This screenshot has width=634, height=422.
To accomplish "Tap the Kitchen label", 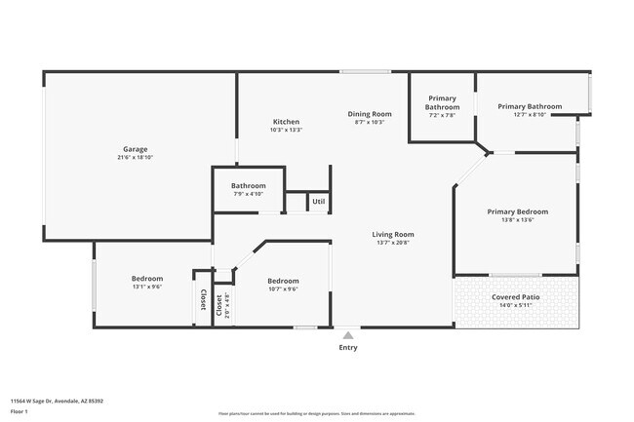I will click(x=285, y=121).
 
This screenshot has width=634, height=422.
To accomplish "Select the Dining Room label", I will click(x=370, y=114).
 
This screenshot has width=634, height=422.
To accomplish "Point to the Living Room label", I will click(x=393, y=234).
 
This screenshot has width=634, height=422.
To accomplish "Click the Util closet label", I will click(x=318, y=202).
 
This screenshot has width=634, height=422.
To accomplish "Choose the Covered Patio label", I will click(x=517, y=296).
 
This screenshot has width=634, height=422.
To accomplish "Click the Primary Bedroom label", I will click(x=518, y=211).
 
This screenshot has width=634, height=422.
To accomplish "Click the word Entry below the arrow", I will click(x=347, y=347).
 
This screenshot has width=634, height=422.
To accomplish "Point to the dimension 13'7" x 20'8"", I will click(x=393, y=243).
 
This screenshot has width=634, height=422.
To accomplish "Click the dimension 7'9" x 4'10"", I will click(x=249, y=193).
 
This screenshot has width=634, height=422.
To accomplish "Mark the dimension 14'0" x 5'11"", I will click(x=517, y=305).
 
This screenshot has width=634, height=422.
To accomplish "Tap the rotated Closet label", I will click(x=204, y=300).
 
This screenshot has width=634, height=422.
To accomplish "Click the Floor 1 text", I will click(x=20, y=410).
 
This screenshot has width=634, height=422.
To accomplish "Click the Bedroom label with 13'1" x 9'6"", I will click(x=147, y=279).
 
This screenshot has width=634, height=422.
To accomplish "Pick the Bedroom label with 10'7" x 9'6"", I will click(x=283, y=280).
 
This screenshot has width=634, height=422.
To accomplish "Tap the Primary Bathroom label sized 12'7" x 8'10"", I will click(x=530, y=106).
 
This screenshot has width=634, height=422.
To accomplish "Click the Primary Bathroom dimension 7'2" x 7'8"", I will click(x=442, y=115).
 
